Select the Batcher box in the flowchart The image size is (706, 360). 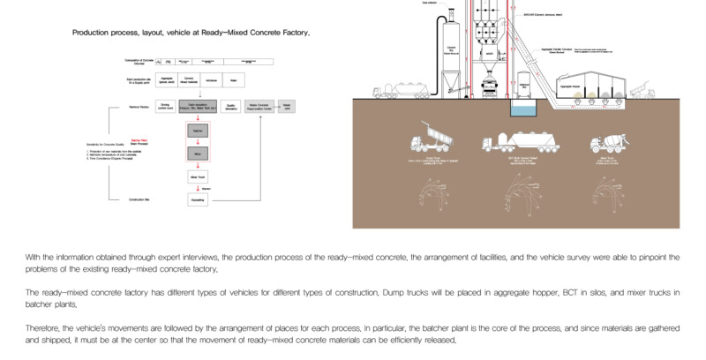point(198,131)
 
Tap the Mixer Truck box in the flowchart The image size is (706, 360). point(198,176)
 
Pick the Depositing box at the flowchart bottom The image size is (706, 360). point(198,200)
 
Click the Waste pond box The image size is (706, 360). point(287,107)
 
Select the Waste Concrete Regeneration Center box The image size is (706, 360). point(259,107)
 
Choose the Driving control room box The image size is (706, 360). point(164,107)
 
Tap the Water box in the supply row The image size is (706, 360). point(233,80)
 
